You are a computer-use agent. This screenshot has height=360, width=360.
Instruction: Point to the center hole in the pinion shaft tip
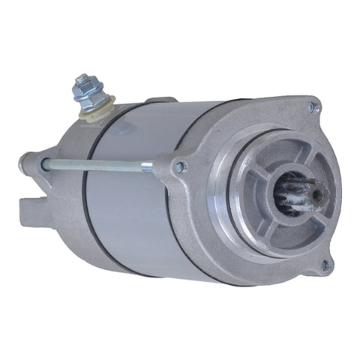[318, 194]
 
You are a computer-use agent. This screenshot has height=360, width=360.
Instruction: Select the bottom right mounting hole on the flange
[325, 264]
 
